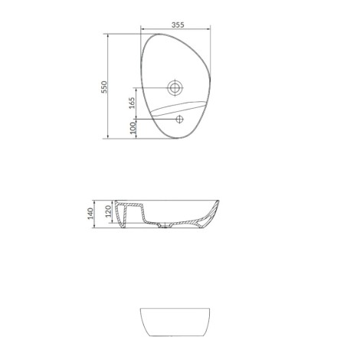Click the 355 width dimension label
coord(178,25)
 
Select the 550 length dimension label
coord(104,87)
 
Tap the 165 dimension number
coord(132,103)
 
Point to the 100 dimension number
coord(133,128)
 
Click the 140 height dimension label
coord(90,214)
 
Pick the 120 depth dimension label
coord(109,211)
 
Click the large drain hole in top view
coord(175,87)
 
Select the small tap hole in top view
coord(179,119)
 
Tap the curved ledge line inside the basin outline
coord(178,106)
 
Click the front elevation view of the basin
coord(175,322)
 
